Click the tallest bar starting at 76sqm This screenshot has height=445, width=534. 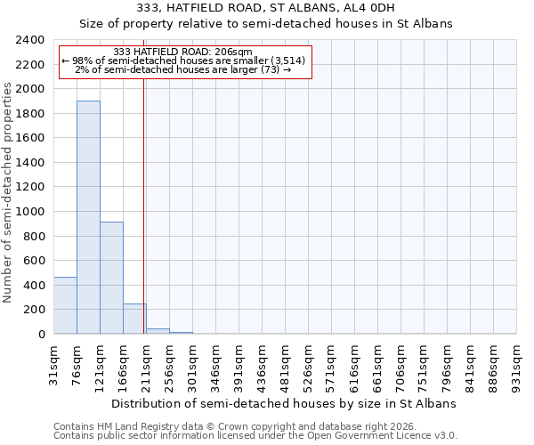(x=88, y=217)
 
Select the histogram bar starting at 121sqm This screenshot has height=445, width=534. (x=111, y=278)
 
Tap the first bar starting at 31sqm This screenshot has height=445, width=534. (x=65, y=305)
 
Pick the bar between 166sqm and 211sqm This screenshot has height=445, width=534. (x=134, y=319)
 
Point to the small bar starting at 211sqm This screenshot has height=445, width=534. (x=158, y=331)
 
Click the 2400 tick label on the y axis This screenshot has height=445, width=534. (x=30, y=40)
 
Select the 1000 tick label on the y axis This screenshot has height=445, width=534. (x=30, y=212)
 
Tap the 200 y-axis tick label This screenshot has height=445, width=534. (x=36, y=310)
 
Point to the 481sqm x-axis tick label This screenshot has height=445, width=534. (x=286, y=365)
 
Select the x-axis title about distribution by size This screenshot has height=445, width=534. (x=285, y=403)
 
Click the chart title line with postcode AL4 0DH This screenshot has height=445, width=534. (x=266, y=8)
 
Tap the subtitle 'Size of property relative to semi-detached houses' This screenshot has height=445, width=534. (x=266, y=24)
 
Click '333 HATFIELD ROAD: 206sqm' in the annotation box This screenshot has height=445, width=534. (x=184, y=52)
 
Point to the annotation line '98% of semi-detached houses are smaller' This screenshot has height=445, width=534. (x=184, y=61)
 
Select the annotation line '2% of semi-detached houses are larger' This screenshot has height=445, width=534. (x=184, y=69)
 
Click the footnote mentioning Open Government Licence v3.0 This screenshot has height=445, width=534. (x=255, y=436)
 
